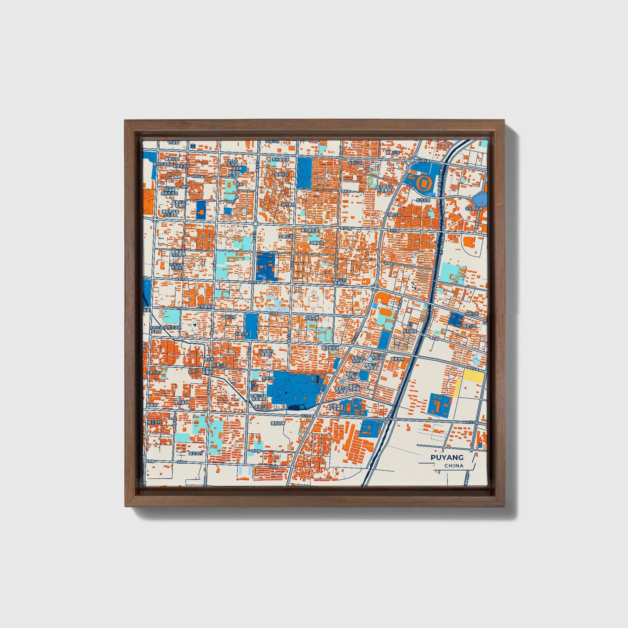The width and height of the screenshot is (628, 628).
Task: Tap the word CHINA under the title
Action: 454,465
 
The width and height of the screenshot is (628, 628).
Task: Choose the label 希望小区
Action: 262,407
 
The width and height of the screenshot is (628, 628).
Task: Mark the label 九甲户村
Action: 153,372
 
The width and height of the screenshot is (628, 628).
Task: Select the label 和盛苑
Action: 183,402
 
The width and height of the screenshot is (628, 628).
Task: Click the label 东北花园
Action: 422,200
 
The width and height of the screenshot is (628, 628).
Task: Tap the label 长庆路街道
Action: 474,209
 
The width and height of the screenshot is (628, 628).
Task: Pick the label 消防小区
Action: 395,214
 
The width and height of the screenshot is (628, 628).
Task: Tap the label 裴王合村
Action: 154,422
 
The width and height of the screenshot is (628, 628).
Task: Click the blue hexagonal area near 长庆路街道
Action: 479,199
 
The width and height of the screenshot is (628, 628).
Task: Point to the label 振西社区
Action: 281,174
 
